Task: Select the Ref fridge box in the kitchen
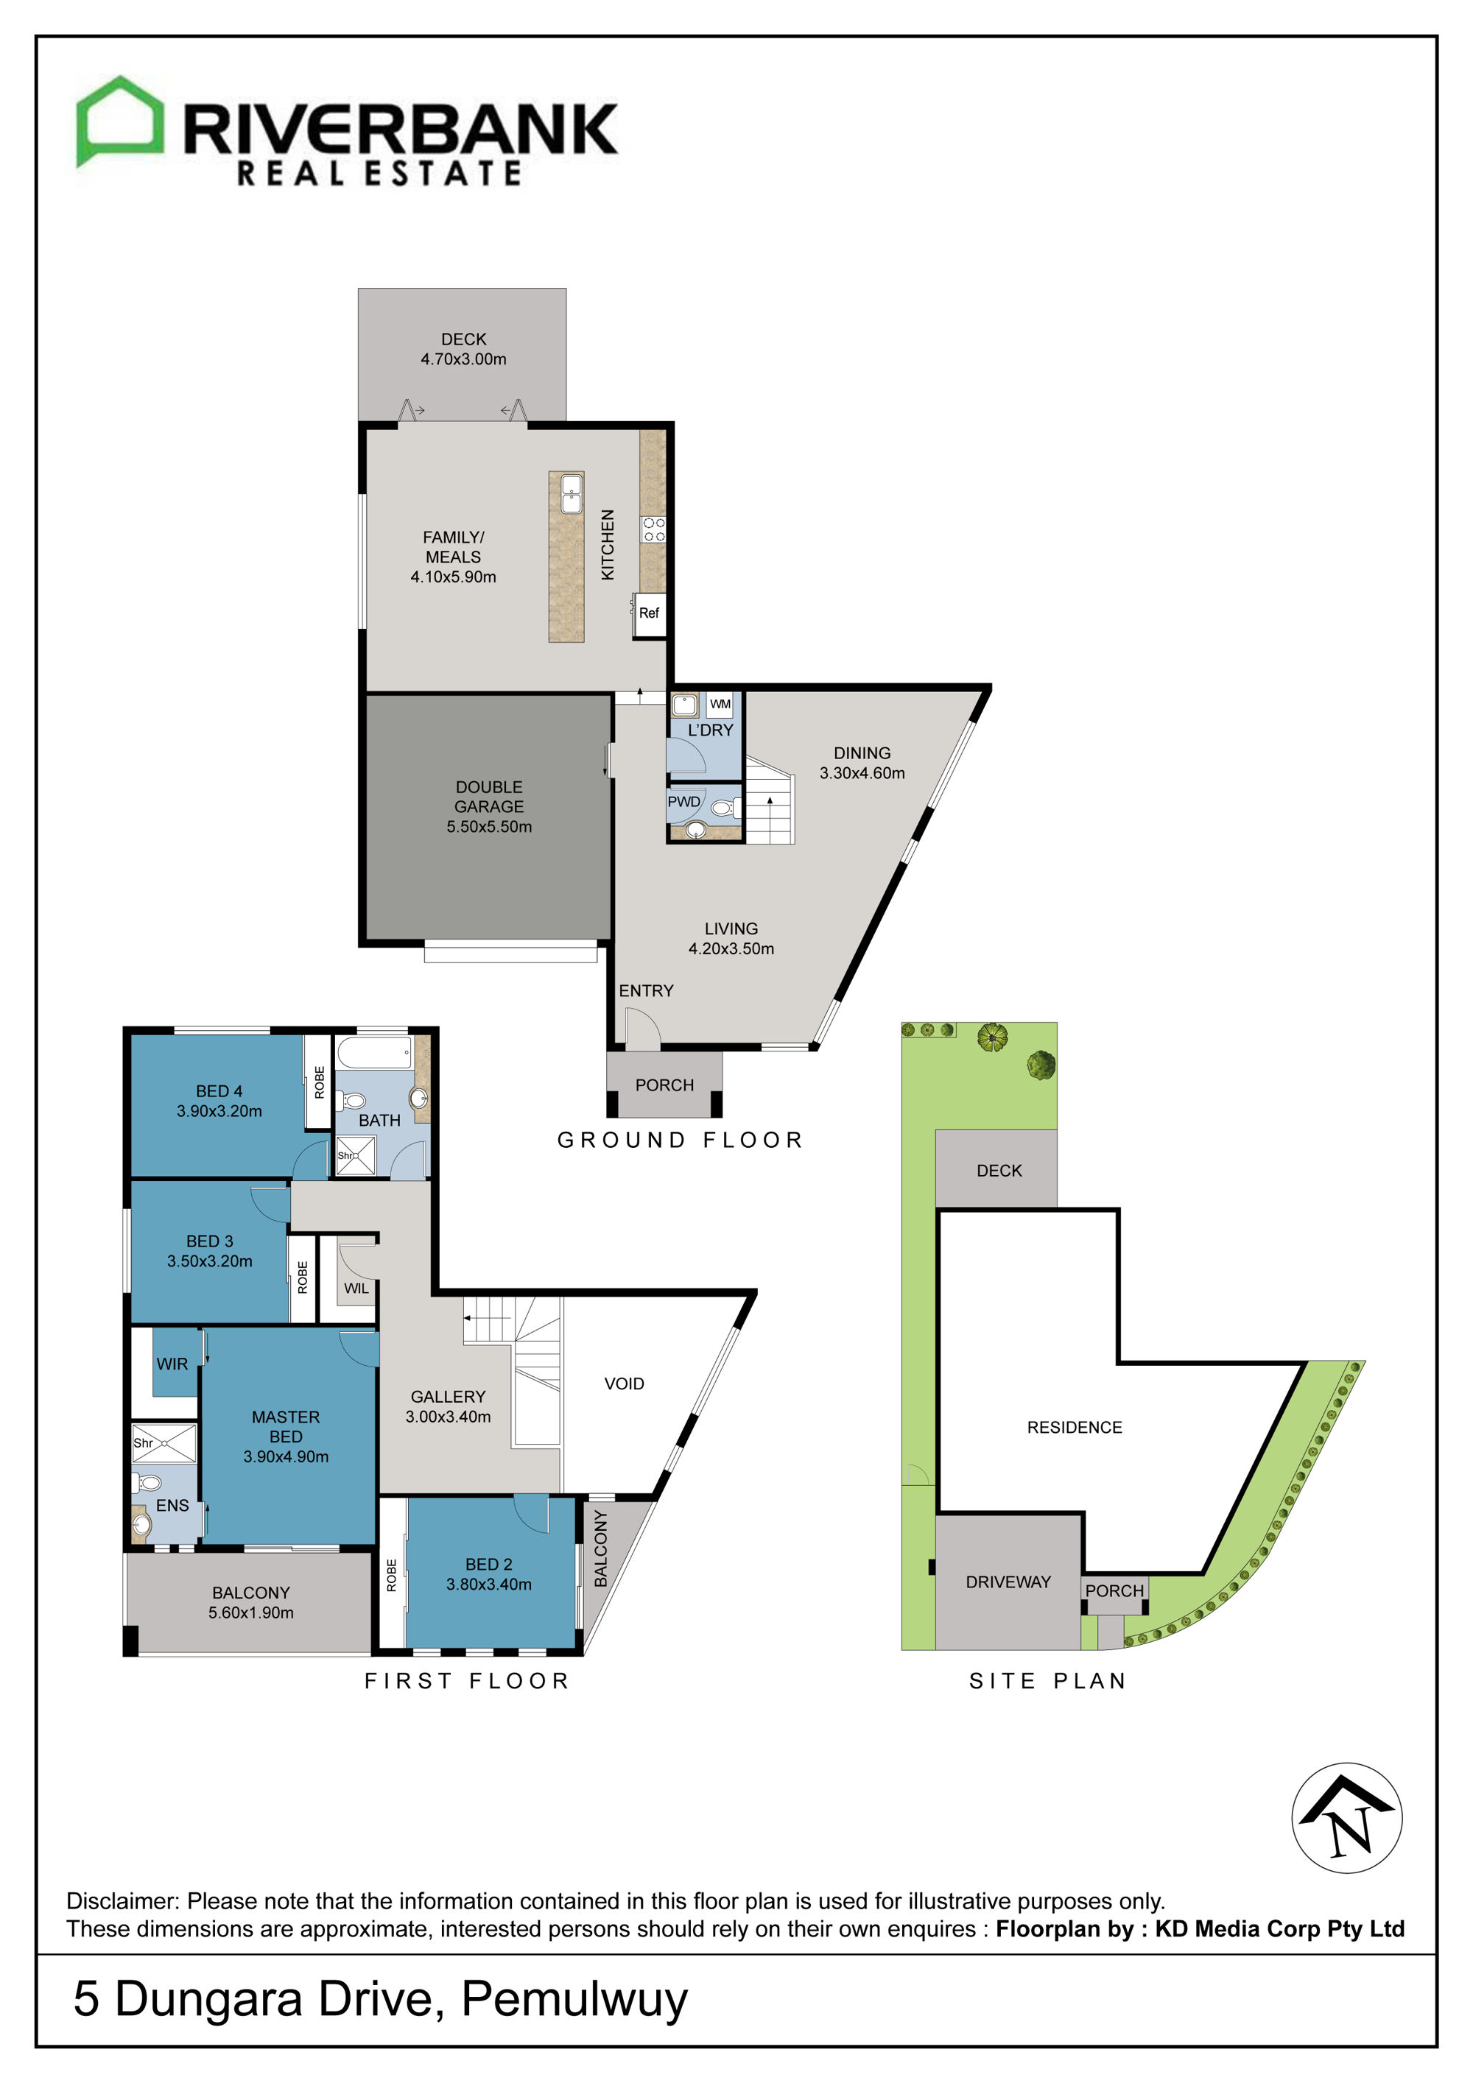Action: pyautogui.click(x=649, y=614)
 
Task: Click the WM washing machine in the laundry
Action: pyautogui.click(x=720, y=704)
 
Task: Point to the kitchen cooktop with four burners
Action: pyautogui.click(x=653, y=530)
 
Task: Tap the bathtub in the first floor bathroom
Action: pyautogui.click(x=374, y=1054)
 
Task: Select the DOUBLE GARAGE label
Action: pyautogui.click(x=489, y=797)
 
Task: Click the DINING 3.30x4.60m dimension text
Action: pyautogui.click(x=862, y=773)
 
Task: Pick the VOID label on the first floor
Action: pyautogui.click(x=625, y=1384)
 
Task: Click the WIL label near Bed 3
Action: pyautogui.click(x=356, y=1289)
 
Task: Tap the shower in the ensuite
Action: pyautogui.click(x=164, y=1443)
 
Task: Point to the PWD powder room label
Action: pyautogui.click(x=683, y=802)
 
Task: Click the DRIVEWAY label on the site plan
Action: pyautogui.click(x=1008, y=1582)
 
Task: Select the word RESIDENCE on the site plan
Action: pyautogui.click(x=1075, y=1427)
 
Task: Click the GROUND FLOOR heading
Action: pyautogui.click(x=680, y=1141)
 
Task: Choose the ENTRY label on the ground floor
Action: pyautogui.click(x=646, y=991)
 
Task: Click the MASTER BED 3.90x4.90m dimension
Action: pyautogui.click(x=286, y=1456)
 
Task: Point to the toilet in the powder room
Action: pyautogui.click(x=724, y=808)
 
